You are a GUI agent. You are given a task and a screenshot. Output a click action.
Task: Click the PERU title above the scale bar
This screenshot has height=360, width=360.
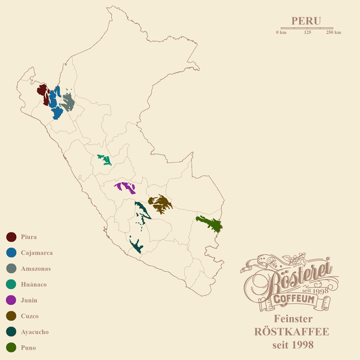(306, 20)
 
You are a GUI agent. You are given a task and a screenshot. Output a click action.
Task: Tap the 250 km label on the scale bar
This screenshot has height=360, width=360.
(334, 32)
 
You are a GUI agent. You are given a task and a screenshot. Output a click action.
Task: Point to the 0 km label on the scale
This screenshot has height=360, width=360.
(281, 32)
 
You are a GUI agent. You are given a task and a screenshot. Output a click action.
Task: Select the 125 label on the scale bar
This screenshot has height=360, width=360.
(307, 32)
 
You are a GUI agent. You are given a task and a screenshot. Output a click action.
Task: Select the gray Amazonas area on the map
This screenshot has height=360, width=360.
(68, 103)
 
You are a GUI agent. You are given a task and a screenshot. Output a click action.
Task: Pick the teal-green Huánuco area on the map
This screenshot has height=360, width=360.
(105, 160)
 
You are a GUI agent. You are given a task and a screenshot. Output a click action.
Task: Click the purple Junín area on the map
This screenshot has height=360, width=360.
(127, 187)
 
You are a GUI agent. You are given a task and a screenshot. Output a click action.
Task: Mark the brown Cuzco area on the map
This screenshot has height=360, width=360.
(160, 204)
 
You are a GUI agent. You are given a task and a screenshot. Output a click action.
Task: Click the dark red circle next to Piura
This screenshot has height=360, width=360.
(11, 237)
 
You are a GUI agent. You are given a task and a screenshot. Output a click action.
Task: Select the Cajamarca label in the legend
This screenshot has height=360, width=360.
(37, 253)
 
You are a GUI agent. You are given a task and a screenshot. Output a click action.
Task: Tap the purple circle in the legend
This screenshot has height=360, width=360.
(11, 300)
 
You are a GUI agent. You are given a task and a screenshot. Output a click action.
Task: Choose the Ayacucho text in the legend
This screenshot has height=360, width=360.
(34, 332)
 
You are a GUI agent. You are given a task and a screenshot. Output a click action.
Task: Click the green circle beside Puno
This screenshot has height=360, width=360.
(11, 347)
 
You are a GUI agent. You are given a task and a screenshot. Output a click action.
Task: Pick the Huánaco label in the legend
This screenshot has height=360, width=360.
(34, 284)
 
